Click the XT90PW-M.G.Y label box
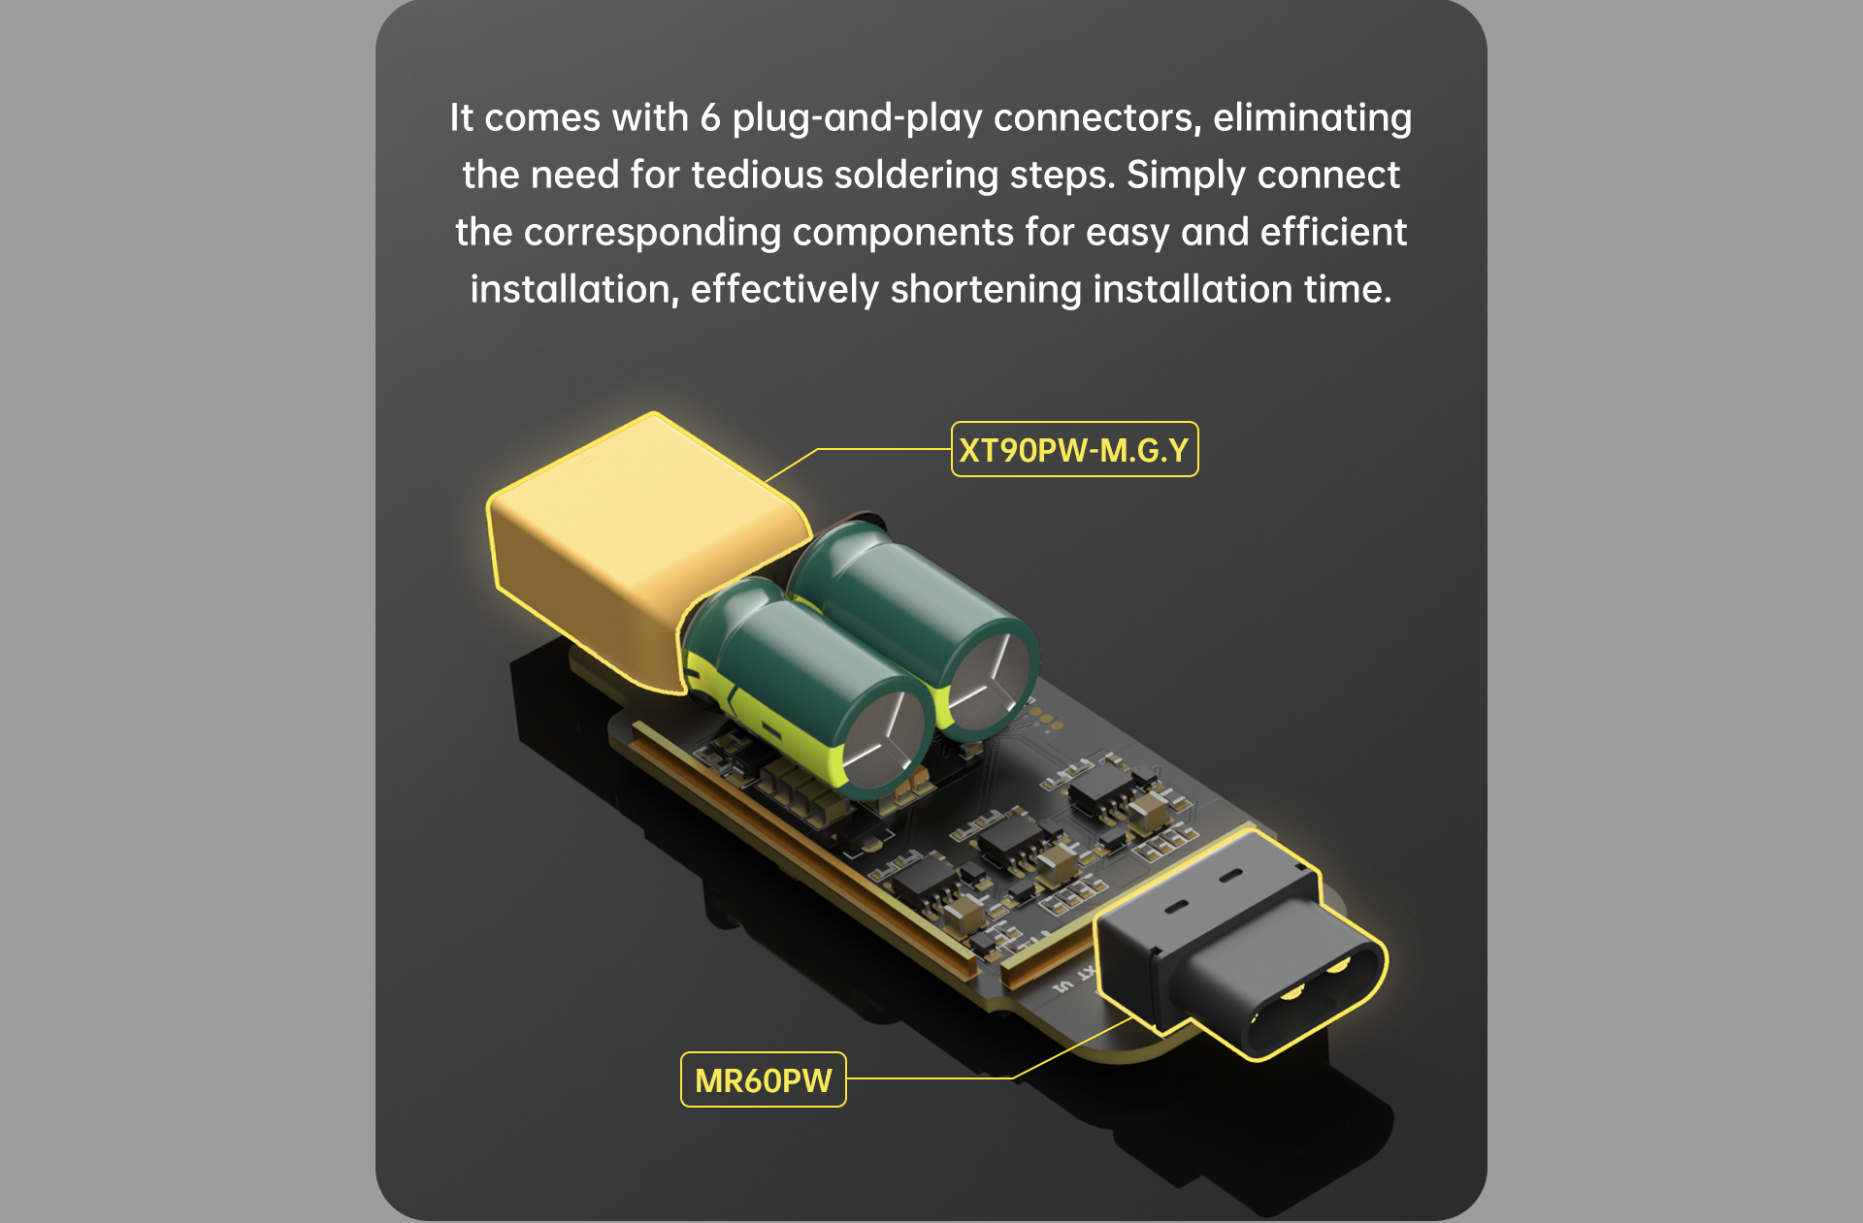(1074, 449)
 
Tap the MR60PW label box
(764, 1079)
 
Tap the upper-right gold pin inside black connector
(1338, 965)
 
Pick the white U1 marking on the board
(1063, 986)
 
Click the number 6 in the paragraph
(710, 117)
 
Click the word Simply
(1186, 176)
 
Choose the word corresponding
(651, 233)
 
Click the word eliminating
(1312, 118)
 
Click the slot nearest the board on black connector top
(1176, 906)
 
